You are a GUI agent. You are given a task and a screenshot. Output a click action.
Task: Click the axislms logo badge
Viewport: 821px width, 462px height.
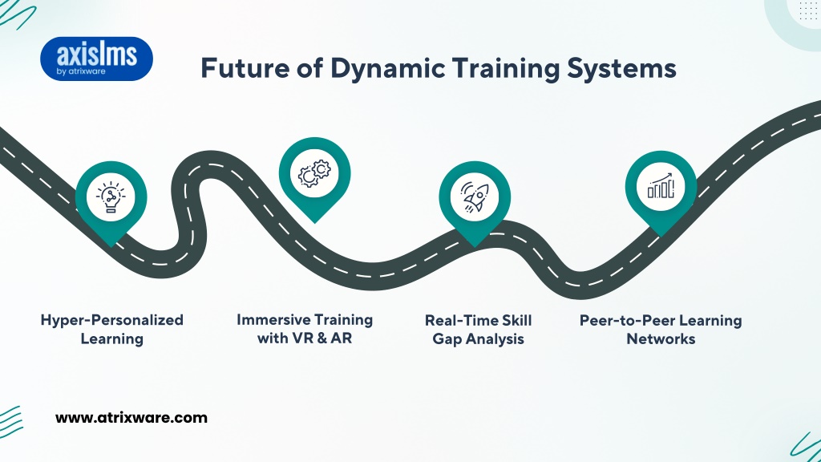point(96,59)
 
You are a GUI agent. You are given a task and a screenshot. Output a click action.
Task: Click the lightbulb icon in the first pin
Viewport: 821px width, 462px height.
point(111,197)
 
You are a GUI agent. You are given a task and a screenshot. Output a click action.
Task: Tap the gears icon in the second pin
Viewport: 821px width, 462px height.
point(314,173)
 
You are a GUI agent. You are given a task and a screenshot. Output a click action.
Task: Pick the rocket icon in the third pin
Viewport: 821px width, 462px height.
point(475,197)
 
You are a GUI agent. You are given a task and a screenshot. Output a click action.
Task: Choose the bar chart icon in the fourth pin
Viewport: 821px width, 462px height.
point(661,186)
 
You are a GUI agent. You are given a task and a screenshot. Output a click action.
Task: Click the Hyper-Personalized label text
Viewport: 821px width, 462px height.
point(112,320)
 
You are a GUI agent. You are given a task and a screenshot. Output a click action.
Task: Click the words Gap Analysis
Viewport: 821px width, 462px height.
point(478,339)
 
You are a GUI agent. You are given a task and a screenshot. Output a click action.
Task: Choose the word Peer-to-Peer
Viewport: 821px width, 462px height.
point(627,321)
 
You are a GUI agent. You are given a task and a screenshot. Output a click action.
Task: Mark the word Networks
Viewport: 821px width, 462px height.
point(661,339)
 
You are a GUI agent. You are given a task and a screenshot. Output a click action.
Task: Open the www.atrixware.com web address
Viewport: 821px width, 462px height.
point(131,417)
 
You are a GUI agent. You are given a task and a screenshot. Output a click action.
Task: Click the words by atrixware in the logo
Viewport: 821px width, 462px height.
point(81,71)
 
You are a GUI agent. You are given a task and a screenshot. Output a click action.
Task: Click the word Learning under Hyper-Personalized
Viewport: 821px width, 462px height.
point(112,339)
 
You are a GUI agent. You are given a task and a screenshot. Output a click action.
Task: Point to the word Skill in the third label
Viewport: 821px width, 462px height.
point(517,320)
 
